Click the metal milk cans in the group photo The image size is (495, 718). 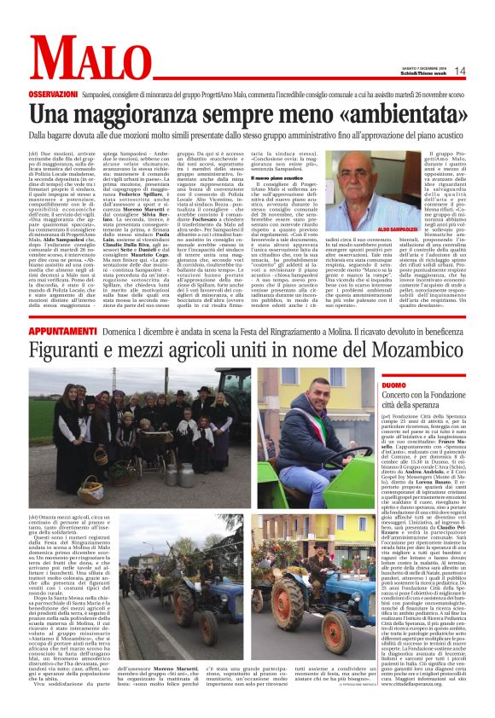point(162,471)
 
